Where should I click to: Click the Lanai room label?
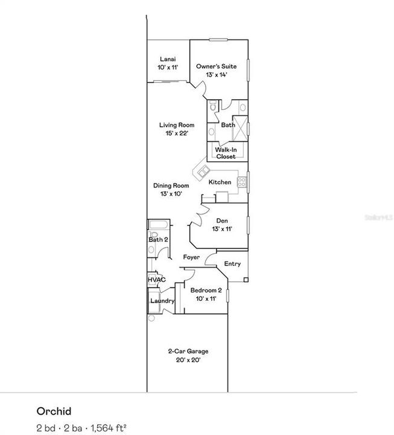167,59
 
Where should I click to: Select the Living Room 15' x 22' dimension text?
176,133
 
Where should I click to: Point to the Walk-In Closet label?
226,153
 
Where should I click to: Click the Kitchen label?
220,182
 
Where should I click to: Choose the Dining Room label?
171,186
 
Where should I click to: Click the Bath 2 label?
158,240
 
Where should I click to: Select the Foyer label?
192,258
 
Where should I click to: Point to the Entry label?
232,264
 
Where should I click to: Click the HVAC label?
157,280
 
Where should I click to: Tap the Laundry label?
162,301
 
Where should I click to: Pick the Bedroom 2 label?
206,291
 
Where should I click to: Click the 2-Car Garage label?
188,352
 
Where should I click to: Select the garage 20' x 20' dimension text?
188,360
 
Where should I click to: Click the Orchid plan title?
54,411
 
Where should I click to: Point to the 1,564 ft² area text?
107,428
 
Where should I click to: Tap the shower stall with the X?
241,128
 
